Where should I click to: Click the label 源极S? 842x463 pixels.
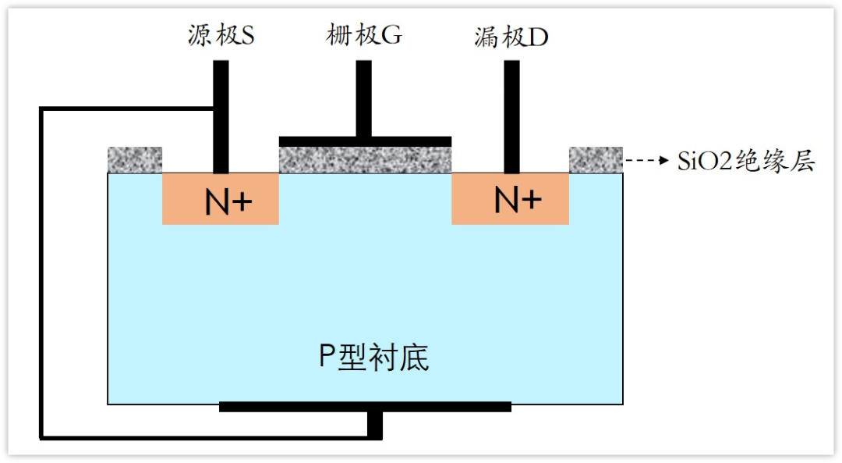(x=221, y=35)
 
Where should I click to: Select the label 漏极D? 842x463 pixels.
(x=511, y=36)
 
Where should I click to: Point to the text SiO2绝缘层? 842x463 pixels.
(x=746, y=161)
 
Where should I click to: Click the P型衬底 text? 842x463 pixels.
(x=373, y=357)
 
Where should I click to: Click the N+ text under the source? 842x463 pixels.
(x=228, y=202)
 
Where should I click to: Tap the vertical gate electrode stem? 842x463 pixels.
(x=363, y=98)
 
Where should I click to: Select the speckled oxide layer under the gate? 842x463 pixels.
(x=365, y=159)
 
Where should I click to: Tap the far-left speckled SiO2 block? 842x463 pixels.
(x=134, y=159)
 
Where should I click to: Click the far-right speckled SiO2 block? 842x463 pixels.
(x=596, y=159)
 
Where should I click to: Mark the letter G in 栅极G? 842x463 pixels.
(x=392, y=35)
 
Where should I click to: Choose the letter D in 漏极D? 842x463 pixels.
(x=539, y=37)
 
